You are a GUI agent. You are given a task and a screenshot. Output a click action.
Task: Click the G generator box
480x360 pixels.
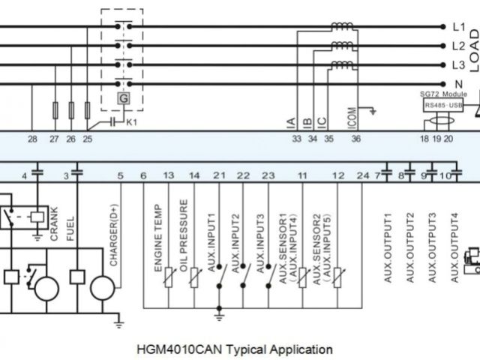[121, 98]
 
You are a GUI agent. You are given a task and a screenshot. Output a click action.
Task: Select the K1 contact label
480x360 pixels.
[131, 121]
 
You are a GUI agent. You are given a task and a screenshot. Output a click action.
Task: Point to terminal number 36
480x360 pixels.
[356, 139]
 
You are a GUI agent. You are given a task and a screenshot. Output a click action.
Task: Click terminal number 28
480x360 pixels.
[32, 139]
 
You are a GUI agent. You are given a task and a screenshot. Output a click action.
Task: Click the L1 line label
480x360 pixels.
[460, 27]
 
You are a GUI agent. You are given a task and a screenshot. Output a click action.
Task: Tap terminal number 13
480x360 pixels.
[169, 175]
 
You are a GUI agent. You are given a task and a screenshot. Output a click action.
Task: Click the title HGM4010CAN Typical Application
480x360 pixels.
[235, 349]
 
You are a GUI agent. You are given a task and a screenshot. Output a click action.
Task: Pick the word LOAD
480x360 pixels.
[473, 49]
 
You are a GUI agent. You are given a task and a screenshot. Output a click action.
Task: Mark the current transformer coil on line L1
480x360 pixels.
[342, 27]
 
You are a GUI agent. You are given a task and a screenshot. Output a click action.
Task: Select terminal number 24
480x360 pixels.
[364, 175]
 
